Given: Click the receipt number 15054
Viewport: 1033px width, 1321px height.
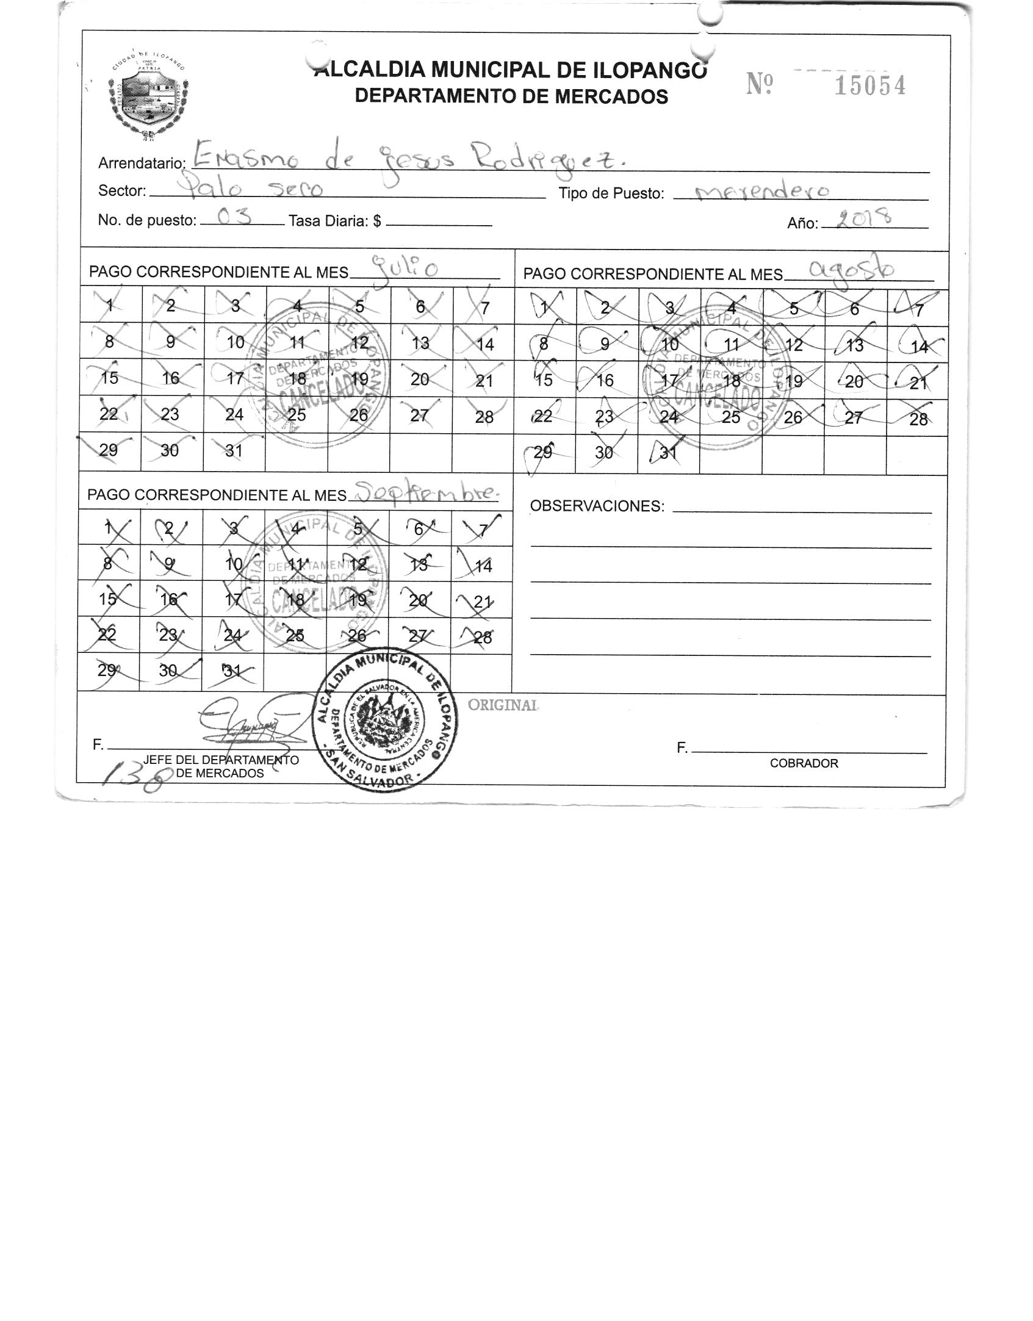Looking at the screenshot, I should (869, 86).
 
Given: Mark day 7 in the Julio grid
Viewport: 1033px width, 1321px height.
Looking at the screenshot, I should (484, 308).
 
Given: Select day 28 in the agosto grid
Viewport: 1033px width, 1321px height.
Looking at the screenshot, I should (918, 419).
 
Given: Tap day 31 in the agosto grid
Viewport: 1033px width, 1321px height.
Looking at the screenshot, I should (669, 453).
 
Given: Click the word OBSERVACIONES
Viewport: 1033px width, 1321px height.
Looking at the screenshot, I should (597, 506).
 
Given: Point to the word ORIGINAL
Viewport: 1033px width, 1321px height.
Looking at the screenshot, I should (503, 705).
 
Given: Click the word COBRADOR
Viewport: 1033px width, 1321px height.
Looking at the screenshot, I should (804, 763).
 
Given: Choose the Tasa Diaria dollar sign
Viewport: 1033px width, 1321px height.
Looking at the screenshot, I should (378, 221).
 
